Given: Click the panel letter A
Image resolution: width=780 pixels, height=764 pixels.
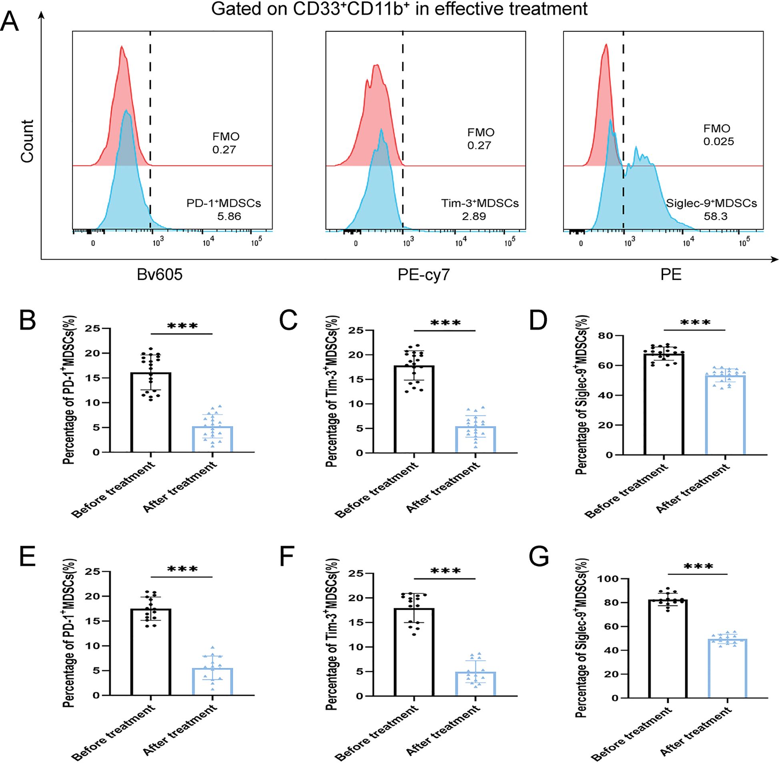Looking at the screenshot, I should [x=10, y=22].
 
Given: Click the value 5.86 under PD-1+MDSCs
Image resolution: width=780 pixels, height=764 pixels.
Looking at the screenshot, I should [x=229, y=216].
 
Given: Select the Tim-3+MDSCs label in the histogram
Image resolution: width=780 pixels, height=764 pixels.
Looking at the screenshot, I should [x=480, y=204].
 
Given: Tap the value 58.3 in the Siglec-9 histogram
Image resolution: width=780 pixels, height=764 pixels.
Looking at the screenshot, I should [x=715, y=216].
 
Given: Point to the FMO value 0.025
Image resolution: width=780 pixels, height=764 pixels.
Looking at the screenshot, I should [x=718, y=141].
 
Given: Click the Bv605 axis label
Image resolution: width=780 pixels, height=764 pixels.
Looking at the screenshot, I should [x=160, y=274].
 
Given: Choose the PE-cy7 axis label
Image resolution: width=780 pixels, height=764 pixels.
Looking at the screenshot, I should [x=424, y=274].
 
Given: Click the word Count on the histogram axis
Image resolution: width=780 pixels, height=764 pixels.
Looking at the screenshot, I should [x=27, y=141].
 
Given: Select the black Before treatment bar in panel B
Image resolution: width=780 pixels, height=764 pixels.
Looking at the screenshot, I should [x=151, y=413].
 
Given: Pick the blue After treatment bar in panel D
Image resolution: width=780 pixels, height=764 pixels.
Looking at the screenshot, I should [x=725, y=415].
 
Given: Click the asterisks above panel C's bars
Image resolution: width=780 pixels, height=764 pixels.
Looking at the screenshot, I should [x=445, y=323].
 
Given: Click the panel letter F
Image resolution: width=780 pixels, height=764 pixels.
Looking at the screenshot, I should [x=287, y=556].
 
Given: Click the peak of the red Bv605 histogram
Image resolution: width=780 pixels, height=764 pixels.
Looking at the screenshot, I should [x=122, y=47].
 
